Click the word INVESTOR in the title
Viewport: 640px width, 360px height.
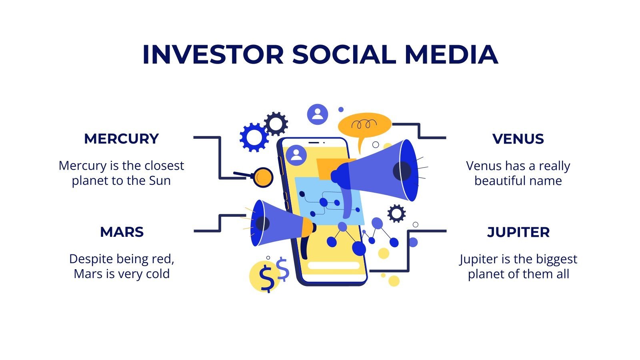pos(213,54)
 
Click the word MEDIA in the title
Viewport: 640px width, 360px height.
pos(451,54)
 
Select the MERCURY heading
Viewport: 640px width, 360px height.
pos(121,139)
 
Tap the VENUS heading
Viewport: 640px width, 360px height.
pos(518,139)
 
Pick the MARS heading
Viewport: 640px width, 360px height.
pos(122,232)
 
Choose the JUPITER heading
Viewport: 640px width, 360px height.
pos(518,232)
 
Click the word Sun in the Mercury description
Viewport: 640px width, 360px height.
pos(160,181)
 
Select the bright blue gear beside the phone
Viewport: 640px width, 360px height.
pos(254,137)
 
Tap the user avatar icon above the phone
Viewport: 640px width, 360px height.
pos(317,114)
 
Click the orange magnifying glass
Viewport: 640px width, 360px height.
pos(263,177)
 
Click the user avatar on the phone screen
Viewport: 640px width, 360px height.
pos(296,155)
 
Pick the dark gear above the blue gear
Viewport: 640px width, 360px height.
pos(276,124)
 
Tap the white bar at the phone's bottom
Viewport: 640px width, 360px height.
pos(333,266)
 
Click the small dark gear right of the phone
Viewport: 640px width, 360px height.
pos(396,214)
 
